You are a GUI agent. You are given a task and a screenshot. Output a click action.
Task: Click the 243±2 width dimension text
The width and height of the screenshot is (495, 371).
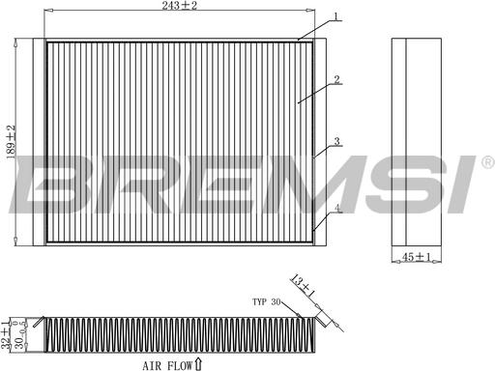179,5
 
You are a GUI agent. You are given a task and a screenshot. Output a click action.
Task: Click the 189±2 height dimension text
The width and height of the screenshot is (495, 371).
11,142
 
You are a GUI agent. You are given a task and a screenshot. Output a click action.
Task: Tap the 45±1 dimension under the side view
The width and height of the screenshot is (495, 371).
417,257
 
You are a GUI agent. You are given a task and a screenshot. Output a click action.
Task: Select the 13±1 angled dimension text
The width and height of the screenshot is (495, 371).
303,285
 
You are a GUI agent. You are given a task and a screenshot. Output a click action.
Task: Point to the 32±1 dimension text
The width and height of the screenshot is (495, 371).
6,334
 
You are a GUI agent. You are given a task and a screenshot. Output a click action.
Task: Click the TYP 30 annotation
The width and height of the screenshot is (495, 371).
266,301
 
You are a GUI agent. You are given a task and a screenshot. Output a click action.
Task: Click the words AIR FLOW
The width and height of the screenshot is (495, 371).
167,365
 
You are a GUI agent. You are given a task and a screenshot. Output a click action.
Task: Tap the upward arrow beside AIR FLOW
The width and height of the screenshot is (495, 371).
198,364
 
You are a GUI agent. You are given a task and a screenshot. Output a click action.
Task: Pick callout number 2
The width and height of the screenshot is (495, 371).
336,79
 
